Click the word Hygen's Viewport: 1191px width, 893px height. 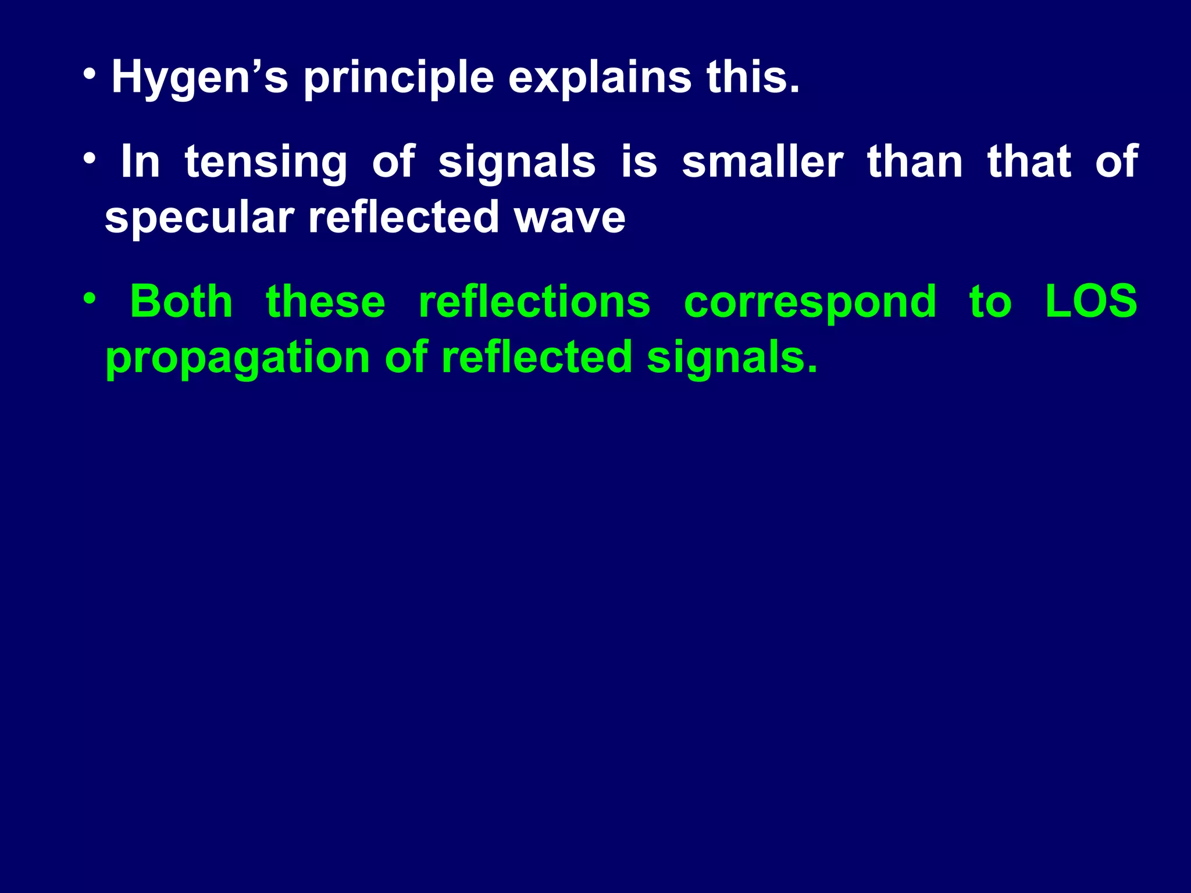(199, 78)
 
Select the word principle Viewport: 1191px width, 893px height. (398, 78)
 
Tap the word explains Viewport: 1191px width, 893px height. (600, 77)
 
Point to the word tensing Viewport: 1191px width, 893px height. (266, 163)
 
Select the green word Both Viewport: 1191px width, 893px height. (181, 302)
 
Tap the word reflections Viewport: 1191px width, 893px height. (534, 302)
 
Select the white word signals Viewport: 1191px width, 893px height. (517, 163)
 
